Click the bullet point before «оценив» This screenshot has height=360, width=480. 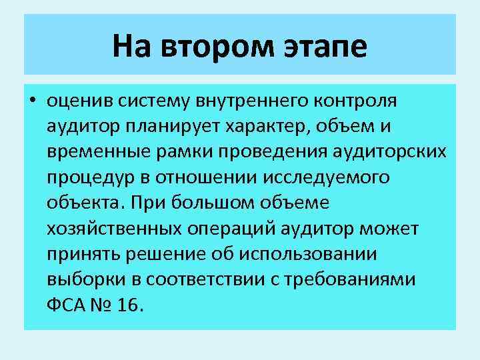click(33, 101)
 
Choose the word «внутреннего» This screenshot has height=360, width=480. click(251, 101)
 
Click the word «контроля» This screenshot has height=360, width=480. click(355, 101)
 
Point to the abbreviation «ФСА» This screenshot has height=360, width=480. click(67, 304)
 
